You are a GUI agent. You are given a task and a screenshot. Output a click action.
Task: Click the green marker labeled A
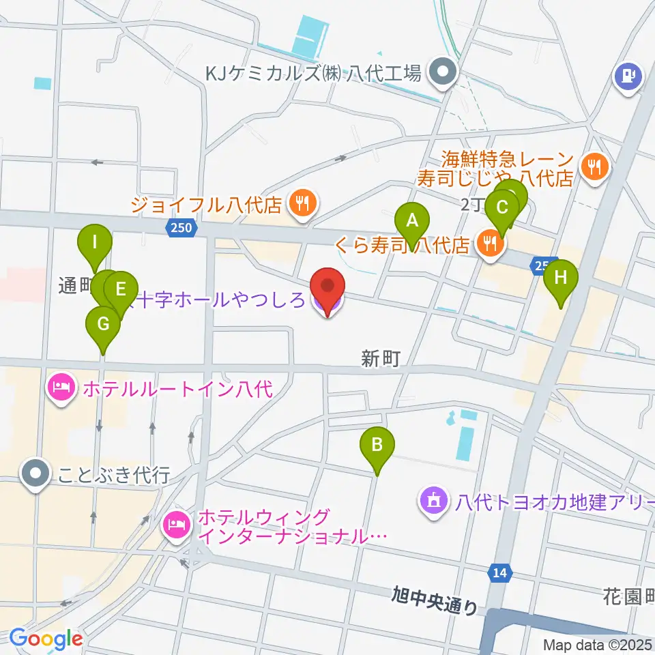coord(412,221)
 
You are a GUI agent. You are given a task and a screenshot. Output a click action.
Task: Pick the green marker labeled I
coord(94,242)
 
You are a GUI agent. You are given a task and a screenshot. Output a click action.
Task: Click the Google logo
coord(46,639)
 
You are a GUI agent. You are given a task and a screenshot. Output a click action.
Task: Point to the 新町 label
coord(379,359)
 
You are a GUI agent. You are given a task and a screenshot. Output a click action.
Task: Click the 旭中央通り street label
coord(435,600)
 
